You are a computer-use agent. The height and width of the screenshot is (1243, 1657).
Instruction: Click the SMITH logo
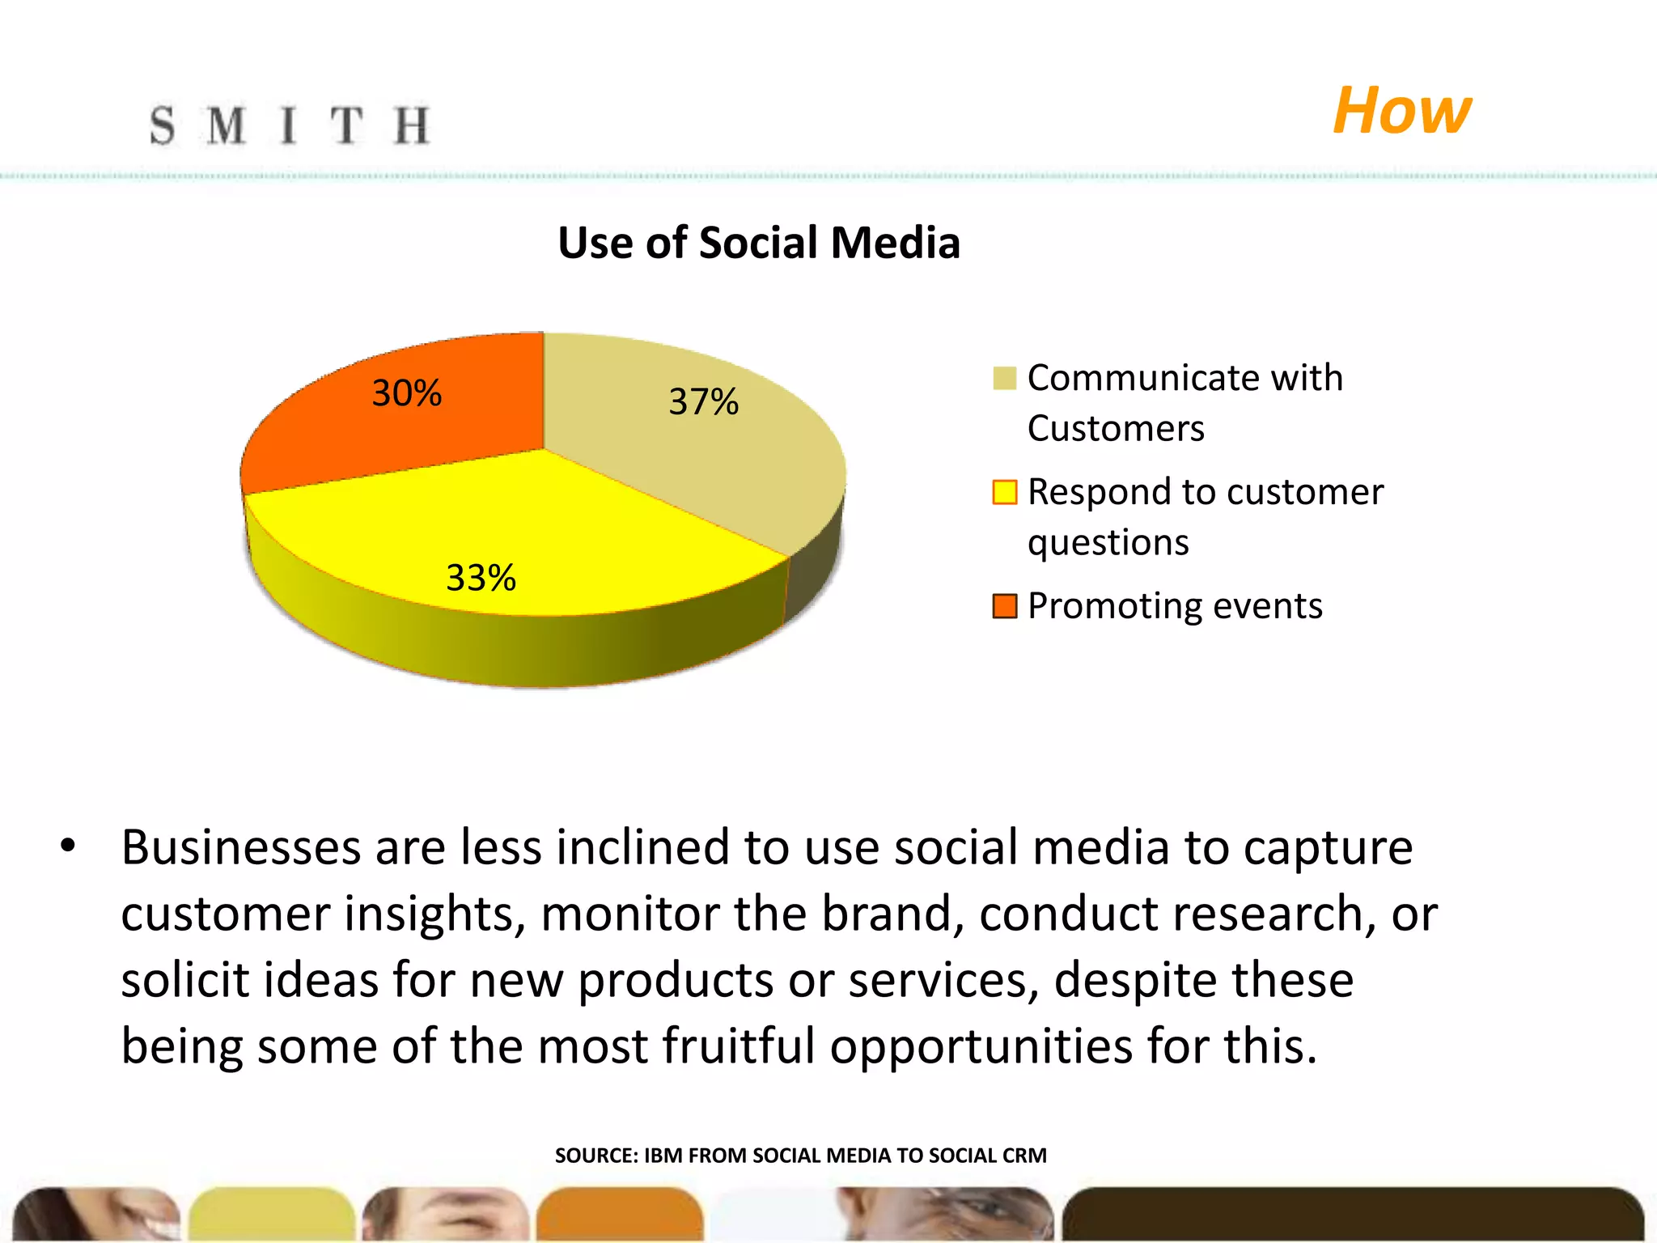(x=290, y=126)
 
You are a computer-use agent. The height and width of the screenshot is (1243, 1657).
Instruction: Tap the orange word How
(x=1401, y=111)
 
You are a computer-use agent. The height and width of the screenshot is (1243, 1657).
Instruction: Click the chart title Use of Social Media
(x=758, y=243)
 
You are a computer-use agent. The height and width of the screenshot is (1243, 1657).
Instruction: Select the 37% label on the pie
(x=703, y=402)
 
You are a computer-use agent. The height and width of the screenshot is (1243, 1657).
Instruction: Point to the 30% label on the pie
(x=406, y=393)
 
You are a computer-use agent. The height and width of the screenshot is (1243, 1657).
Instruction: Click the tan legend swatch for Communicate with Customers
(x=1004, y=378)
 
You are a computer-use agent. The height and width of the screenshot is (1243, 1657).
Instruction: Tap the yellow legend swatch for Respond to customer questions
(x=1004, y=492)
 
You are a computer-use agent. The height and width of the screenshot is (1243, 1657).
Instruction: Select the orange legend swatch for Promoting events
(x=1004, y=606)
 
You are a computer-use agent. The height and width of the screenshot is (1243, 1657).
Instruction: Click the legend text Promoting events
(x=1174, y=606)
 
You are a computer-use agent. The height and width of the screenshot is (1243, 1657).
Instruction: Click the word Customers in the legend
(x=1116, y=428)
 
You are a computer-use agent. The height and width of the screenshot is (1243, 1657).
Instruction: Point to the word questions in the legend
(x=1108, y=542)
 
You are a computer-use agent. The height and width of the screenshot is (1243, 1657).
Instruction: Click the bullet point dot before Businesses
(x=68, y=846)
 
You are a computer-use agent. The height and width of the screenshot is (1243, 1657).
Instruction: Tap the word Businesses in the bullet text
(x=240, y=848)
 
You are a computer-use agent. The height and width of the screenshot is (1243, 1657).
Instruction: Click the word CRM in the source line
(x=1023, y=1156)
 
